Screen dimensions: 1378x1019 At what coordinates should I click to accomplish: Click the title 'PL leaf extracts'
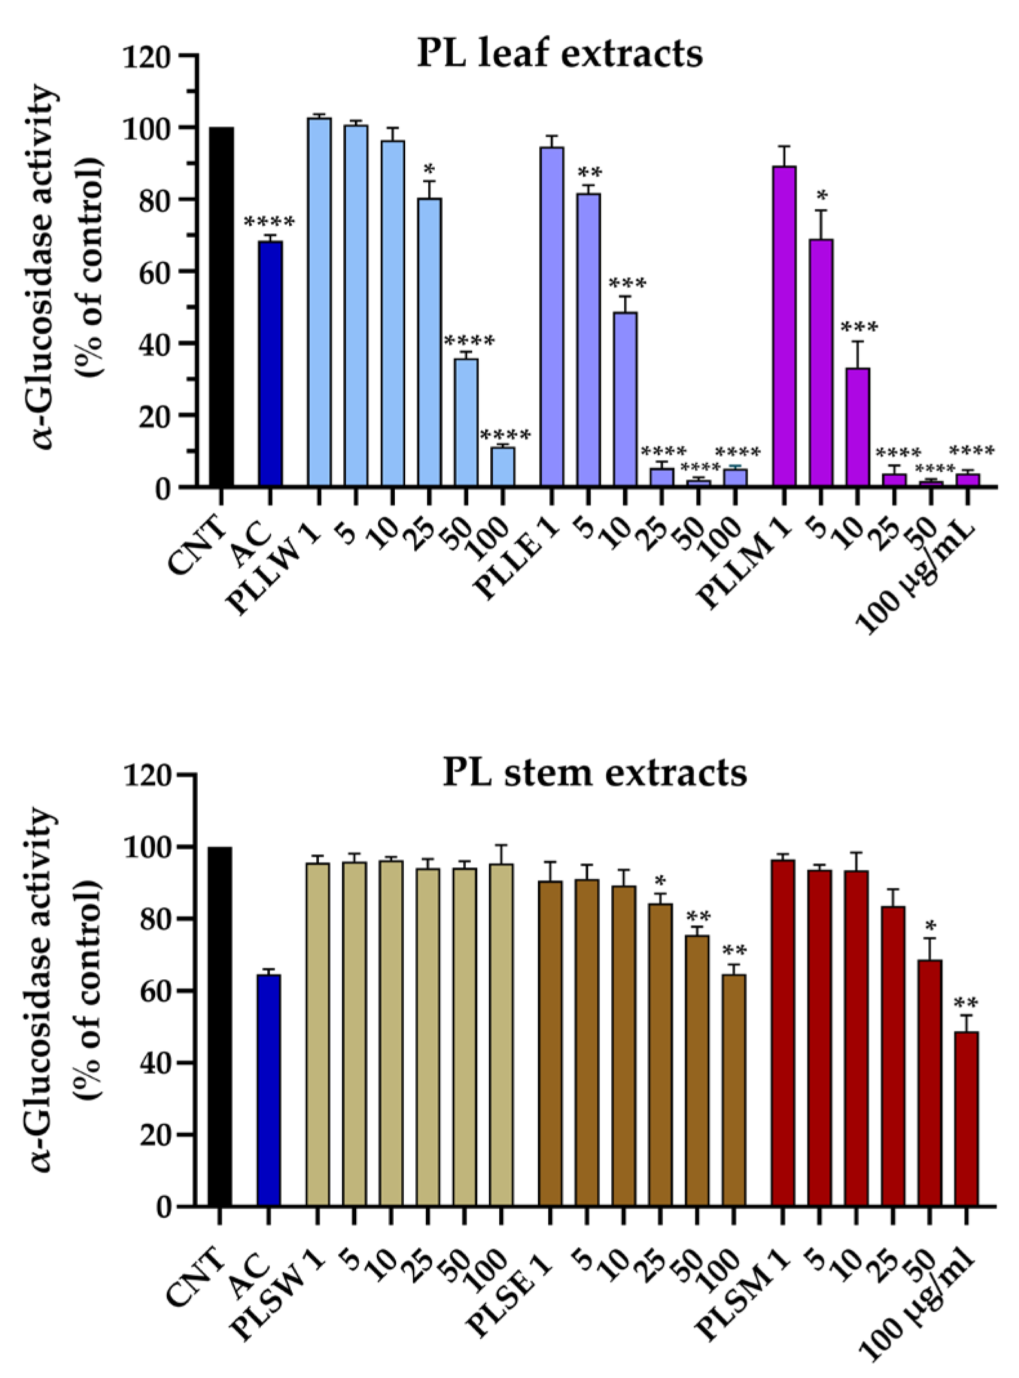(560, 53)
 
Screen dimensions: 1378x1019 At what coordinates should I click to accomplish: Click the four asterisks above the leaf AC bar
(269, 223)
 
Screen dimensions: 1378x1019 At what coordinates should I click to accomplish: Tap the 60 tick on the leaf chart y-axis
(155, 271)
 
